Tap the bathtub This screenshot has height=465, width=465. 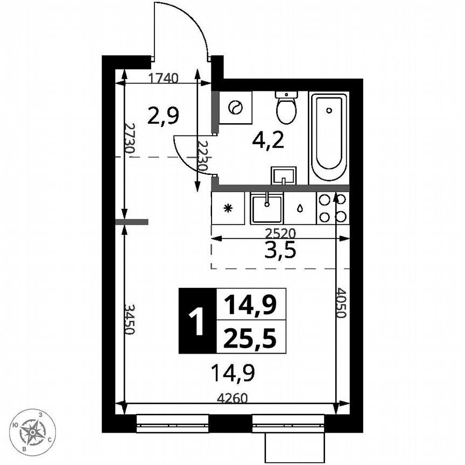pyautogui.click(x=328, y=138)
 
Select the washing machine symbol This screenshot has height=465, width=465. pyautogui.click(x=236, y=108)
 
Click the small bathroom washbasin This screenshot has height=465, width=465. pyautogui.click(x=284, y=175)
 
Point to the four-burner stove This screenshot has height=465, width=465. pyautogui.click(x=333, y=208)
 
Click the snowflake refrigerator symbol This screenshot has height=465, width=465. pyautogui.click(x=228, y=208)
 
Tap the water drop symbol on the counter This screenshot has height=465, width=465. pyautogui.click(x=299, y=208)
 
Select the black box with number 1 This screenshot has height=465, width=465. pyautogui.click(x=198, y=321)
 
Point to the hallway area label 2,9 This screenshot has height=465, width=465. pyautogui.click(x=163, y=115)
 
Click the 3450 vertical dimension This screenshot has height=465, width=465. pyautogui.click(x=129, y=319)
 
